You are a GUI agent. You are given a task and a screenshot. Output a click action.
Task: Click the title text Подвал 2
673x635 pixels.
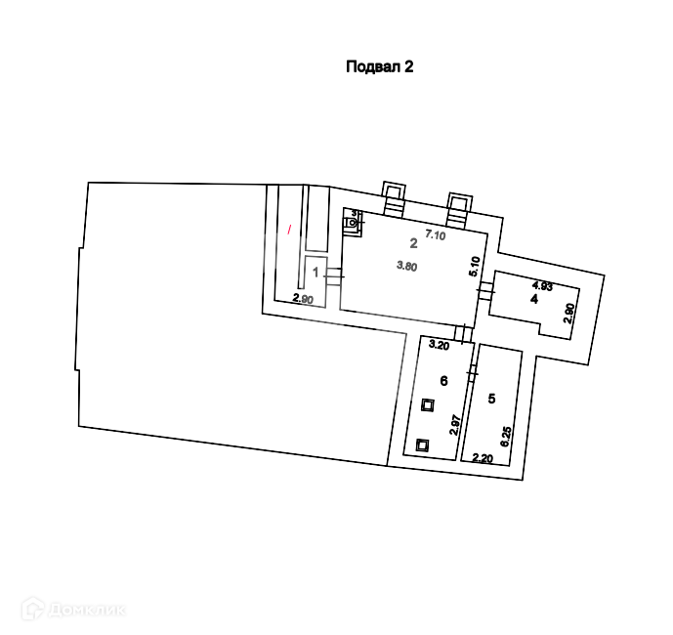[x=381, y=67]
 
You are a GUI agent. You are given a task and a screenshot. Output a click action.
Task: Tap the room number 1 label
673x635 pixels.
[x=315, y=273]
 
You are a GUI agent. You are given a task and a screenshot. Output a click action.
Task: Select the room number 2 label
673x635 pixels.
[x=413, y=243]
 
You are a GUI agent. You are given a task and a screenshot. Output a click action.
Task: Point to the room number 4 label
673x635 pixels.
[x=534, y=299]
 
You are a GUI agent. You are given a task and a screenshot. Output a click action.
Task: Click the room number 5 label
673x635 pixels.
[x=492, y=398]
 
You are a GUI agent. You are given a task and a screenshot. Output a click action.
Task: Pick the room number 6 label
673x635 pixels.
[x=443, y=381]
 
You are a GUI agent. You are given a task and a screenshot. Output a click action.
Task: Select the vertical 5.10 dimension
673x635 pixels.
[x=474, y=266]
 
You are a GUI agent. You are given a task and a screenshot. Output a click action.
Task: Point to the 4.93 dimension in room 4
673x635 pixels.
[x=542, y=285]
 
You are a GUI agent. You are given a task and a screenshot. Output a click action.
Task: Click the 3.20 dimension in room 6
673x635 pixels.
[x=439, y=345]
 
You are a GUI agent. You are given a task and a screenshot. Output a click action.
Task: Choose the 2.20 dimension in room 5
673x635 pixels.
[x=482, y=457]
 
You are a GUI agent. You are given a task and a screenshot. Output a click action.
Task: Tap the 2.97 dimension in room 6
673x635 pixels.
[x=454, y=425]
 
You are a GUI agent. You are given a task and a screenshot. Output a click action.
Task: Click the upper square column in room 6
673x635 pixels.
[x=427, y=405]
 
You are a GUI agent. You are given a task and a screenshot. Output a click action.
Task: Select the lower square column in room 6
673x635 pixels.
[x=422, y=444]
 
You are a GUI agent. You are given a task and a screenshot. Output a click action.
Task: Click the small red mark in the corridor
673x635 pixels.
[x=289, y=230]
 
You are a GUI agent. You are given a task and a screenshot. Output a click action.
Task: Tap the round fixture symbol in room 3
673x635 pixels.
[x=352, y=223]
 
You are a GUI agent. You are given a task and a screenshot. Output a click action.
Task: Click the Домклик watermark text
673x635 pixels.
[x=78, y=611]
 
